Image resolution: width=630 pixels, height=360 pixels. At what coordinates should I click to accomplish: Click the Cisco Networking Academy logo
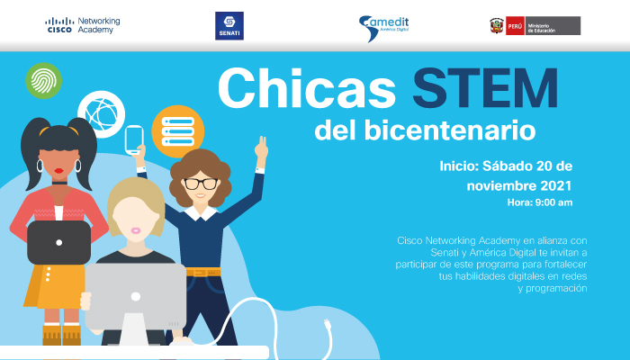83,25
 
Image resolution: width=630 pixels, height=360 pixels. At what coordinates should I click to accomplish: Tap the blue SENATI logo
229,26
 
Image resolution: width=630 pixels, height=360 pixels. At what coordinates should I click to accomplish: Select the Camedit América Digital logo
383,27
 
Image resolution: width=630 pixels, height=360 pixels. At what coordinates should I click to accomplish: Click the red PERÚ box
515,26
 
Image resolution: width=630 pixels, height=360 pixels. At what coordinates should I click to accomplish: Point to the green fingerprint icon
43,81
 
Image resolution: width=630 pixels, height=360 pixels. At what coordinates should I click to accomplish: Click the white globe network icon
101,114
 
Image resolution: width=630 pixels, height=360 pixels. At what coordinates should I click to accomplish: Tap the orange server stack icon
178,131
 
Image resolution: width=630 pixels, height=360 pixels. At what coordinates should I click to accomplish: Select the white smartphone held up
134,139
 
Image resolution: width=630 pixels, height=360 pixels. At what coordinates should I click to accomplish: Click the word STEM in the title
485,88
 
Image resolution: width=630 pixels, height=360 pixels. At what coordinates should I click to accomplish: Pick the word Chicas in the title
307,88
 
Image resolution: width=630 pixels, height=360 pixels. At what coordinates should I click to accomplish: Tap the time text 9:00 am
553,202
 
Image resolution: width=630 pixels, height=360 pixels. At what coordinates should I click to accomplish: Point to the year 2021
555,185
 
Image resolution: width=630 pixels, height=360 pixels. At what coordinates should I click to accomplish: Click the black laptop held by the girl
59,242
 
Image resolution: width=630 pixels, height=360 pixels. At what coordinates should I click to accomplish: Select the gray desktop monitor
135,296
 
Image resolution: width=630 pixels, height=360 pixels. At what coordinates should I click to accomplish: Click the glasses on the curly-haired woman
201,184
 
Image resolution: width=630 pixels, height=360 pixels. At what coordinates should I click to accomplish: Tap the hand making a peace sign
262,148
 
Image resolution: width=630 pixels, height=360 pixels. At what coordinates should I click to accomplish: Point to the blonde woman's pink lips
136,230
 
